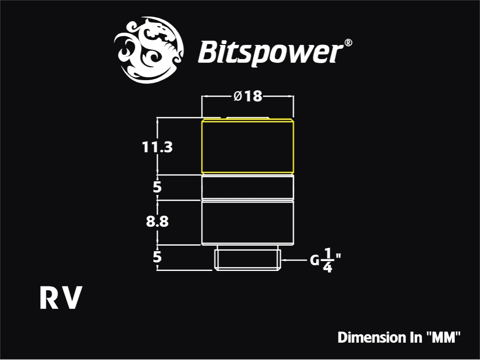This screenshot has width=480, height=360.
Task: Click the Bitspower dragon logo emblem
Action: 149,50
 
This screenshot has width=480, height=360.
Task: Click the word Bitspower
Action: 270,52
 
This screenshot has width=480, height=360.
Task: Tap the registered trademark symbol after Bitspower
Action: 348,43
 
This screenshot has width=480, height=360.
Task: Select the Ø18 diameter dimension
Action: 248,96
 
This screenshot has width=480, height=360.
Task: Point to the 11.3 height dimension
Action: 157,147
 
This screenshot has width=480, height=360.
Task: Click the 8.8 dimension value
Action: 157,221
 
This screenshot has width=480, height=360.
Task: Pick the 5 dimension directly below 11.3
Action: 157,187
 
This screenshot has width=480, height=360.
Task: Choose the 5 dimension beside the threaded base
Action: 157,257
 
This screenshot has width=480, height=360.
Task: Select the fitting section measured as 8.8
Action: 247,223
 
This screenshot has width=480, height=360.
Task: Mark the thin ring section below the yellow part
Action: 247,187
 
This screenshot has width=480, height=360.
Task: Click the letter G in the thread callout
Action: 315,261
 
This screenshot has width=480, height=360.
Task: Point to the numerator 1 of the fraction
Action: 328,254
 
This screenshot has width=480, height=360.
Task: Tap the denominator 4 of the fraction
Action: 328,268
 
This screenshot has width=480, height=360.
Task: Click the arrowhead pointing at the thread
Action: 284,260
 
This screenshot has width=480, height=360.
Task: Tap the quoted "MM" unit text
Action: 443,337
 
